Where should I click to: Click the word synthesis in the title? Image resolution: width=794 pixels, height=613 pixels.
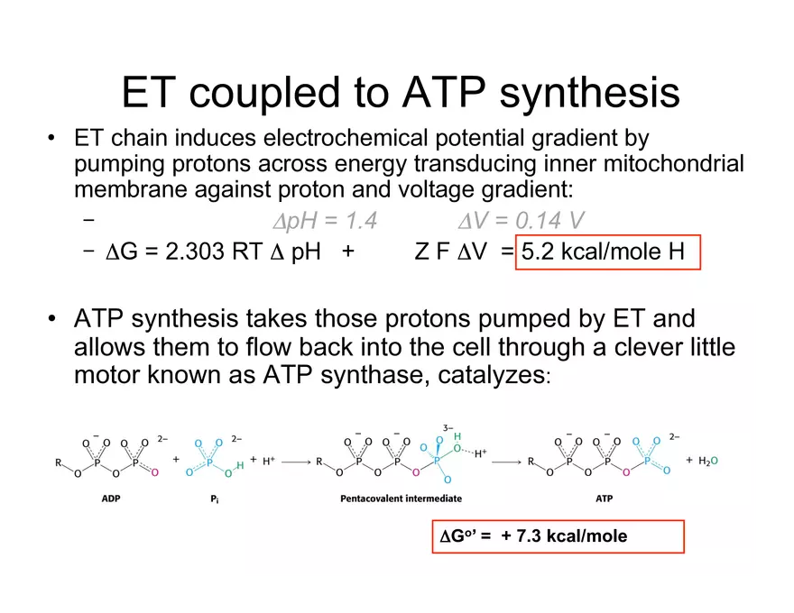click(589, 93)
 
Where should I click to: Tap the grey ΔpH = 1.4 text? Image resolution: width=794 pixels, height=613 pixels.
click(325, 221)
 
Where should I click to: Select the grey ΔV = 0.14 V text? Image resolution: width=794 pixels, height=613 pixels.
click(522, 221)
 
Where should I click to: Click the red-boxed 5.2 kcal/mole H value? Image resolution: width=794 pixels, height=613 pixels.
click(603, 252)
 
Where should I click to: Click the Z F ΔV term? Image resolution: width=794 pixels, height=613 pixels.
click(450, 252)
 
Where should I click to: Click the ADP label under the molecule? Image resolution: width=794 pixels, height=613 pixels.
click(111, 499)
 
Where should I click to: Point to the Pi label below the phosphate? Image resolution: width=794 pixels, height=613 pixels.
click(215, 499)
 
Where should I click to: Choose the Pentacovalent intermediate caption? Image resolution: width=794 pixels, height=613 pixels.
click(401, 499)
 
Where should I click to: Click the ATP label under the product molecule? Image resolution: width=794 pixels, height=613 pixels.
click(605, 499)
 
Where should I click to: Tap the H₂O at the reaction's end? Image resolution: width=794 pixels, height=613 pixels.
click(708, 461)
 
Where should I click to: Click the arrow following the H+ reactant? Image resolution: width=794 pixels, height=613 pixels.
click(296, 462)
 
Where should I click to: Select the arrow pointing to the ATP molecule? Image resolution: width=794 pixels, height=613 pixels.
click(506, 462)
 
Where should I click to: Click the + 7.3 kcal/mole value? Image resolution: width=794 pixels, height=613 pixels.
click(564, 536)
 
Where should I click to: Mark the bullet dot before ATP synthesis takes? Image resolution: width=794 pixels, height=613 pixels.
click(51, 318)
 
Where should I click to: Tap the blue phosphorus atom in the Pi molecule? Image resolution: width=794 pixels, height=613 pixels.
click(209, 462)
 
